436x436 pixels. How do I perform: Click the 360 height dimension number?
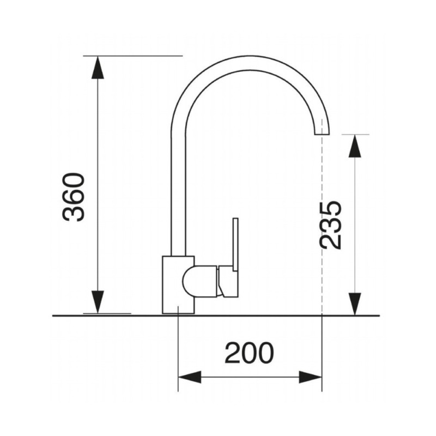(74, 197)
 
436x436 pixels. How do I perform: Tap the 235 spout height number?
(331, 225)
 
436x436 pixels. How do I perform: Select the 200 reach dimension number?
(249, 354)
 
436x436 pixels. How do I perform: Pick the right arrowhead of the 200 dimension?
(311, 377)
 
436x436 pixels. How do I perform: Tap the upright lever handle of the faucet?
(235, 240)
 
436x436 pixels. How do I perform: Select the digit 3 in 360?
(74, 213)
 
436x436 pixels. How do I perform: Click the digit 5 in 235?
(331, 209)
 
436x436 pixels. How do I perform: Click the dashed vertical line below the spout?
(322, 218)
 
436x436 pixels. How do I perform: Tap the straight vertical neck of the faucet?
(178, 191)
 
